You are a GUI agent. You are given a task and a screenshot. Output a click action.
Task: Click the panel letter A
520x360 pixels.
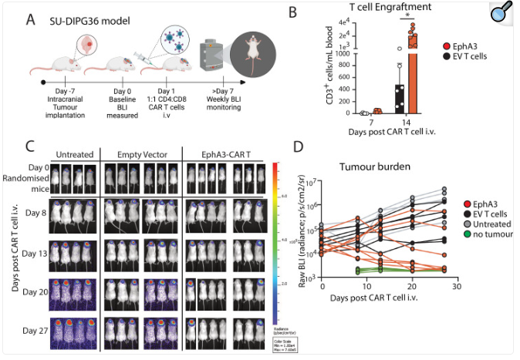click(x=31, y=19)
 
